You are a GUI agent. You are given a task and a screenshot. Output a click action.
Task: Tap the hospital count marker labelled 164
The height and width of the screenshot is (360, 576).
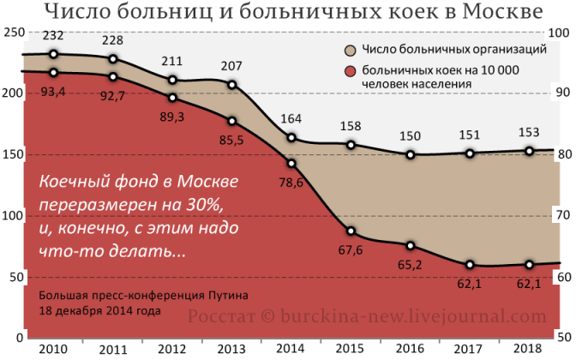[x=291, y=138]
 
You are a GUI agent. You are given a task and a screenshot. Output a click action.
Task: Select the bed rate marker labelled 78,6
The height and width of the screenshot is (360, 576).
[x=291, y=163]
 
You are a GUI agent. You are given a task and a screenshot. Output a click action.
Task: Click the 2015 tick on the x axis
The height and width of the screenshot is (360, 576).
[x=351, y=349]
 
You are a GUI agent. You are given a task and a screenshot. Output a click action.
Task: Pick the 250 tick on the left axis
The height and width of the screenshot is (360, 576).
[x=12, y=33]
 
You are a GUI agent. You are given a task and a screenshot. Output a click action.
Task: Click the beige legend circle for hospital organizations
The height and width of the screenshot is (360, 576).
[x=351, y=51]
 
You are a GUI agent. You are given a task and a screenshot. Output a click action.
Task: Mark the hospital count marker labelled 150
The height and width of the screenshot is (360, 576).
[x=411, y=155]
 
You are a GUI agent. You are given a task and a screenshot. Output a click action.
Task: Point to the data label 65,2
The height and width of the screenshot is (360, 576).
[x=411, y=266]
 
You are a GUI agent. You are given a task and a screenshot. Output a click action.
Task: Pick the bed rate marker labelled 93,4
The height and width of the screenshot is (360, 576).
[x=53, y=73]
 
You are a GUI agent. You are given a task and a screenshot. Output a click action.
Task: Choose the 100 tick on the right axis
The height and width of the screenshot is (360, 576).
[x=560, y=33]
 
